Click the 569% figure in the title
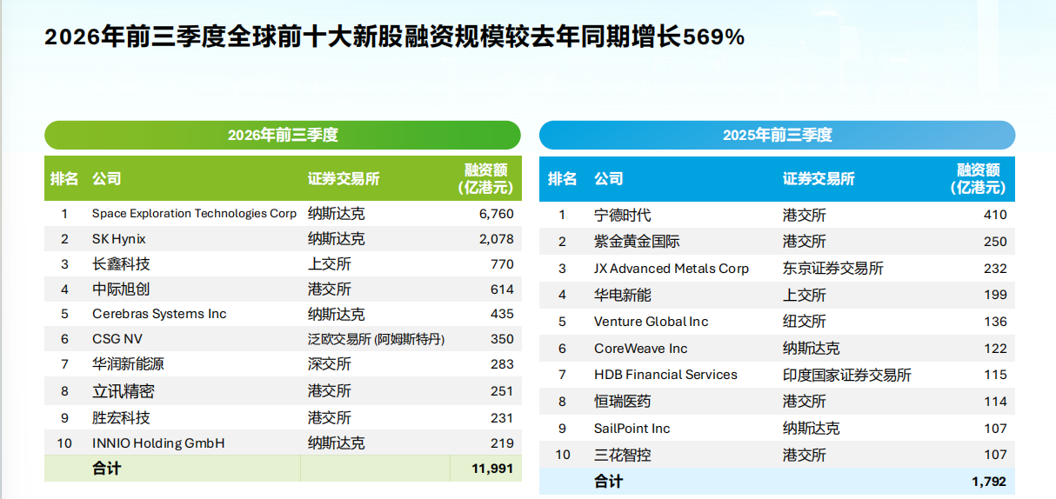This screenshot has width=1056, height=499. tap(713, 37)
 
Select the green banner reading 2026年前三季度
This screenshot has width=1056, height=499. tap(283, 136)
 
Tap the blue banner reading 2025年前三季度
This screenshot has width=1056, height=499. tap(777, 136)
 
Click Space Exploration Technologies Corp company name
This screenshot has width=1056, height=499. tap(194, 214)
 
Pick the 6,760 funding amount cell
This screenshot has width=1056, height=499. tap(497, 214)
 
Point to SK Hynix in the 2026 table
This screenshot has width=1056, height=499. tap(119, 239)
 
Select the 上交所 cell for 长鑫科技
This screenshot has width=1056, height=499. tap(330, 264)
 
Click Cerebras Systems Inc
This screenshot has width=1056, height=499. tap(159, 314)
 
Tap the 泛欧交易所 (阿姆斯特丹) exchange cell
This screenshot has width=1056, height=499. tap(376, 339)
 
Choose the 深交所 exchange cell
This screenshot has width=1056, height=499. tap(330, 363)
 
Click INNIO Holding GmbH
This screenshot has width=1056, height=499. tap(158, 442)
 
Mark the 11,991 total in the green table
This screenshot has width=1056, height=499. tap(492, 469)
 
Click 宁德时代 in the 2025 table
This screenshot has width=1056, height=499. tap(622, 215)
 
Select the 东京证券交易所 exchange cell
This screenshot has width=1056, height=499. tap(833, 268)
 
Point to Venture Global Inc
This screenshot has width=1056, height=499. tap(651, 322)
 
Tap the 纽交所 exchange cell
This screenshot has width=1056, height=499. tap(805, 322)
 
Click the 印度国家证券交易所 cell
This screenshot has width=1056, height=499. tap(847, 375)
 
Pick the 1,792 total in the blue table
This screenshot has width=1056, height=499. tap(989, 482)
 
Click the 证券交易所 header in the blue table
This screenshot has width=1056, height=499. tap(819, 178)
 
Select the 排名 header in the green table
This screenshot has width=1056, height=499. tap(64, 178)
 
